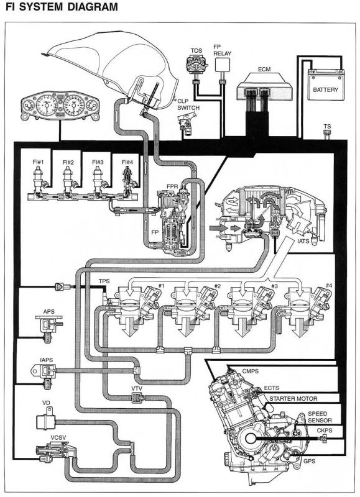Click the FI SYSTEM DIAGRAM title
pos(62,7)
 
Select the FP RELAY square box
pos(222,65)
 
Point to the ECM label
pos(264,69)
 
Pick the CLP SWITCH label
pos(188,104)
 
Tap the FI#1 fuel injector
pos(39,181)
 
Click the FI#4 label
pos(127,162)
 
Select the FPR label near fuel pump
pos(172,186)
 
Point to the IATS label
pos(303,241)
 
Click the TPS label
pos(104,281)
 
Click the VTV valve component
pos(137,397)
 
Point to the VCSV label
pos(58,438)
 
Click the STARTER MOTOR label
pos(293,399)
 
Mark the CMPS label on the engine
pos(250,371)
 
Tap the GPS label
pos(309,461)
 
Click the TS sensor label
pos(327,127)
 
